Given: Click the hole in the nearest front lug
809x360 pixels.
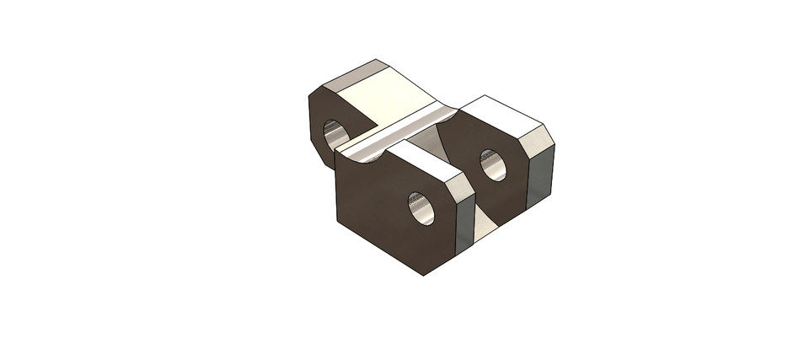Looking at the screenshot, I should (x=421, y=208).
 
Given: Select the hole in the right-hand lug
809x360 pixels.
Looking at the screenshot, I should (x=493, y=164).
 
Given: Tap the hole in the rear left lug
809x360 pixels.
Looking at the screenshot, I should (x=335, y=134).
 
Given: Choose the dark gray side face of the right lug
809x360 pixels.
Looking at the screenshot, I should (x=540, y=177).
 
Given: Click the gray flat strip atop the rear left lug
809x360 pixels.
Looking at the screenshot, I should (x=350, y=76).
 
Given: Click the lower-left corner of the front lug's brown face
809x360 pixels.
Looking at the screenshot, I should (x=337, y=222).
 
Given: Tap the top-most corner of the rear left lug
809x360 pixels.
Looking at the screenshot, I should (x=376, y=60).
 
